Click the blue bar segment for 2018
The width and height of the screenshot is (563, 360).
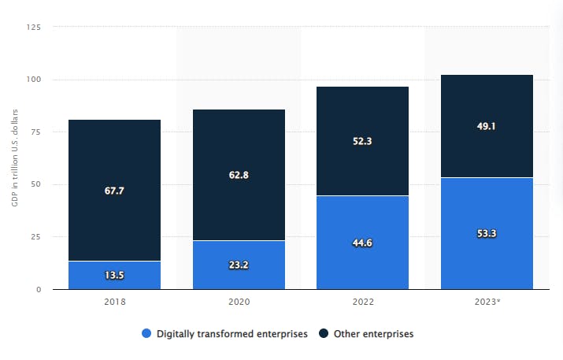click(x=114, y=275)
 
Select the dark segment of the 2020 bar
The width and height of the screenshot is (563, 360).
click(x=239, y=175)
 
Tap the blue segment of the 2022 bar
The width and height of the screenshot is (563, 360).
click(x=362, y=243)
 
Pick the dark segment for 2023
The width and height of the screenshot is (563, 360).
click(x=487, y=126)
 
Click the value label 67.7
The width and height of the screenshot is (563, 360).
click(x=114, y=191)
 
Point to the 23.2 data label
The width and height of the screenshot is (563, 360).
click(x=239, y=265)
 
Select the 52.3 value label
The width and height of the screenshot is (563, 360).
click(x=362, y=141)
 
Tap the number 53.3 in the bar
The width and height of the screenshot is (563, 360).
click(x=487, y=233)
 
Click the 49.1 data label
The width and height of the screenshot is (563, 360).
click(x=486, y=126)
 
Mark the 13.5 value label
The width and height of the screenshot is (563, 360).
click(x=114, y=275)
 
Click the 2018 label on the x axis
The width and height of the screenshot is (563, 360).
click(x=115, y=302)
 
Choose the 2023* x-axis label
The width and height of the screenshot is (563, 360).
click(x=487, y=302)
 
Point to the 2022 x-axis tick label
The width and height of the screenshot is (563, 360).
click(x=363, y=302)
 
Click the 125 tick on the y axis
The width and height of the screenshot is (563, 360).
click(x=33, y=28)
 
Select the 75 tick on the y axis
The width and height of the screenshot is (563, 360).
click(x=35, y=132)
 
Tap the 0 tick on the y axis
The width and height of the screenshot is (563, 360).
click(x=39, y=290)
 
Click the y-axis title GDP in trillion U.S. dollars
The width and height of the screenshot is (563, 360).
click(x=15, y=158)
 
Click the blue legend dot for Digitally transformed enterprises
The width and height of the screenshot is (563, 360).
click(x=146, y=333)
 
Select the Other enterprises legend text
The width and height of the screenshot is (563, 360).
click(x=374, y=334)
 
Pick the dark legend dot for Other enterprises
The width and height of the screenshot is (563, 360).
click(x=324, y=333)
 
